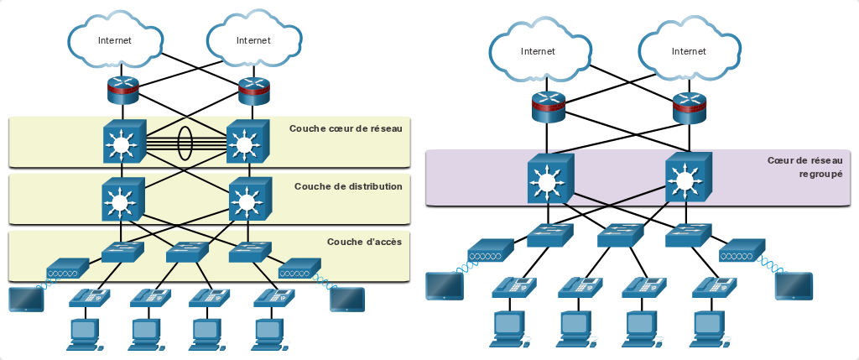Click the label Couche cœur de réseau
[346, 128]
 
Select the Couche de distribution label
[348, 186]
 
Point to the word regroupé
[820, 175]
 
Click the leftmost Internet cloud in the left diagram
[115, 40]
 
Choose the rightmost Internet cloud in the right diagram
[690, 51]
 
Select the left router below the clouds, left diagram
[123, 89]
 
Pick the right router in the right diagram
[690, 107]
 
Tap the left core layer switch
[124, 141]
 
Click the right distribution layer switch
[250, 199]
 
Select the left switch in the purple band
[550, 176]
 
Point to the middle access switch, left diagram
[187, 252]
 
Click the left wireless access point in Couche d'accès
[68, 268]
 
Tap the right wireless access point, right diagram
[742, 250]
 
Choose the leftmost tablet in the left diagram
[26, 300]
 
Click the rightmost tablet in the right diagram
[794, 285]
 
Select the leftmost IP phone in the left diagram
[89, 296]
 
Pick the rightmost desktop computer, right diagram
[711, 329]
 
